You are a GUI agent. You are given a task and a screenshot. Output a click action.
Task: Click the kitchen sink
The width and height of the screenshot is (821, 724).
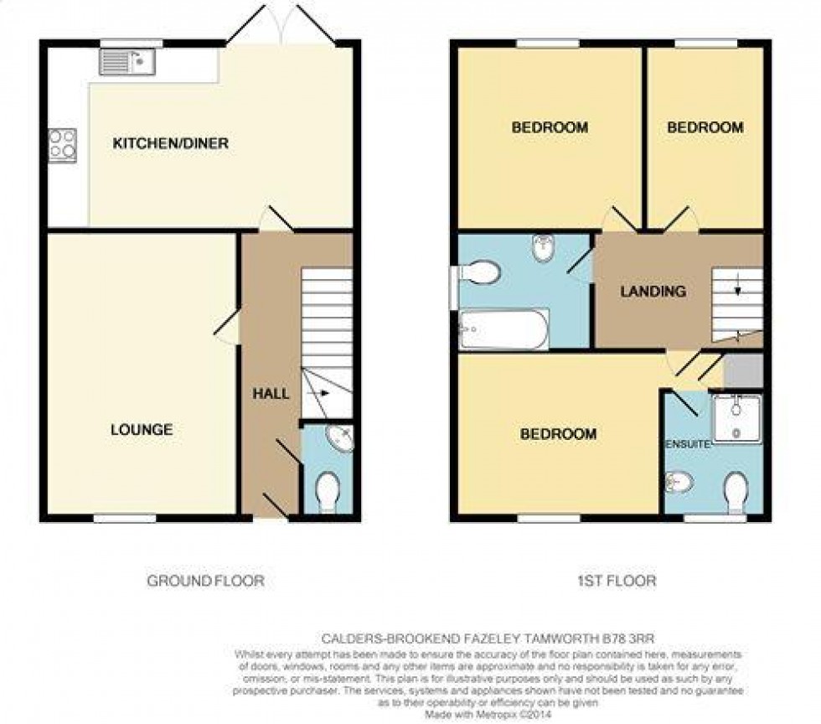(127, 61)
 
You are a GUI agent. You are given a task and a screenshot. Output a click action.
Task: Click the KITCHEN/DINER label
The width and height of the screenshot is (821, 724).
(171, 144)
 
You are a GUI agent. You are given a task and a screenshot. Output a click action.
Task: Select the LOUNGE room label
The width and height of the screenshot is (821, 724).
(142, 430)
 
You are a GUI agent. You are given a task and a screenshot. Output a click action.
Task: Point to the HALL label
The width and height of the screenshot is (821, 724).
(271, 393)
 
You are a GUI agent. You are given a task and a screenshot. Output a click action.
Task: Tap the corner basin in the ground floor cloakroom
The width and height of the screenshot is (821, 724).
(341, 438)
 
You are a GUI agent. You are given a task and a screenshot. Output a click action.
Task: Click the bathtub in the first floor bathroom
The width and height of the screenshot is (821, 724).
(504, 329)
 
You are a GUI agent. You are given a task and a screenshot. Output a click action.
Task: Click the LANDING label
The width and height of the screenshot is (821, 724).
(653, 292)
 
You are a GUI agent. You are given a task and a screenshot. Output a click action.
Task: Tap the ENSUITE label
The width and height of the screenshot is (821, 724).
(688, 442)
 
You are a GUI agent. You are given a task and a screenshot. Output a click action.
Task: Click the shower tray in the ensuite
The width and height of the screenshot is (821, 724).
(736, 416)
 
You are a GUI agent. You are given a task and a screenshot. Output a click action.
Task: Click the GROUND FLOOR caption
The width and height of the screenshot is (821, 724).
(205, 580)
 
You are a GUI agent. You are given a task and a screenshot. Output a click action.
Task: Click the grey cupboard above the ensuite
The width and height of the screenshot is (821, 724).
(743, 370)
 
